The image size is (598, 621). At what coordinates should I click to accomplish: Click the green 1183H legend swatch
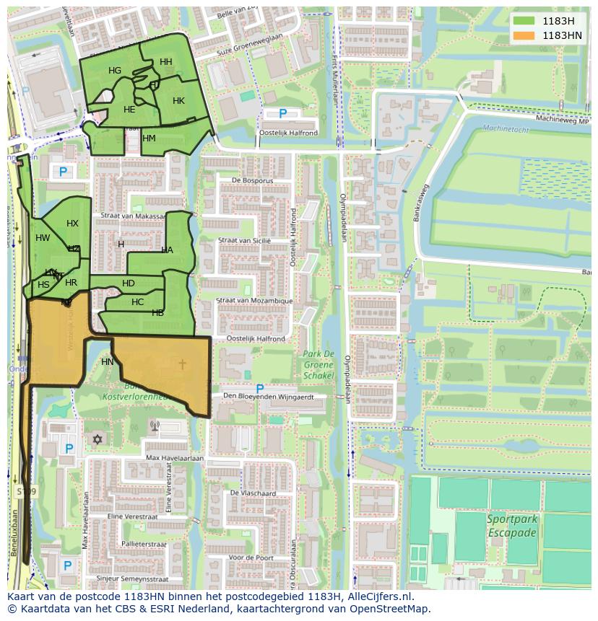tap(524, 20)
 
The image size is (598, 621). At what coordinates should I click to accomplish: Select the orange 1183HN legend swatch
tap(524, 35)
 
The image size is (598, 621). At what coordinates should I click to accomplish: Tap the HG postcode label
tap(115, 71)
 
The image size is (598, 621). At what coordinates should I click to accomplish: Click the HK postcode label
tap(178, 101)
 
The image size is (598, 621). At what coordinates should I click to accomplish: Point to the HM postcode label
tap(149, 138)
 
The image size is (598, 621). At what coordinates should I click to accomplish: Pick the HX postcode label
tap(72, 224)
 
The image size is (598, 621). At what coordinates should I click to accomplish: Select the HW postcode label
tap(43, 238)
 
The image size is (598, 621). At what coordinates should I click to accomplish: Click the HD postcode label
tap(129, 283)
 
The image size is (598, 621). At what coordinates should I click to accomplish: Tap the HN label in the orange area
tap(107, 362)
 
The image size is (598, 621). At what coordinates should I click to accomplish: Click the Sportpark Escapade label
tap(511, 526)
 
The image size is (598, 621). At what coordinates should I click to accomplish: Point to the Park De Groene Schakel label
tap(318, 364)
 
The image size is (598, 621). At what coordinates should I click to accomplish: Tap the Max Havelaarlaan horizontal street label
tap(175, 458)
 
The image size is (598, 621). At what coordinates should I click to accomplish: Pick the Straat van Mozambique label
tap(255, 301)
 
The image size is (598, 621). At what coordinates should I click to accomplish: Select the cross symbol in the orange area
tap(181, 365)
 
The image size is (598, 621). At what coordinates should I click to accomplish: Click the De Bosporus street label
tap(249, 180)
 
